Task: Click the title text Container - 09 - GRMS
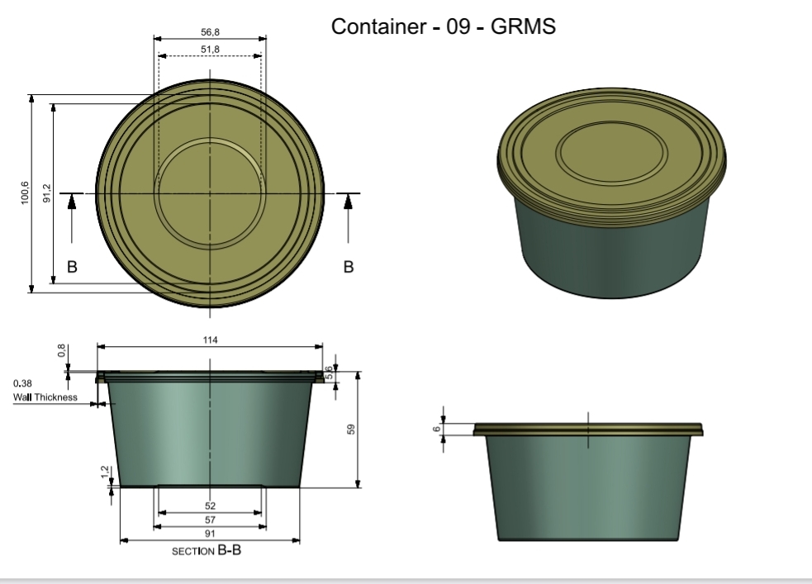pyautogui.click(x=444, y=26)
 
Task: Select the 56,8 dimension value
pyautogui.click(x=211, y=32)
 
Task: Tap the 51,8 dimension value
pyautogui.click(x=211, y=50)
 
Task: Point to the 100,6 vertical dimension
pyautogui.click(x=25, y=193)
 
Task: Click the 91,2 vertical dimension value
pyautogui.click(x=47, y=193)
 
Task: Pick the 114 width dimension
pyautogui.click(x=211, y=340)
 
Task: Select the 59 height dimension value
pyautogui.click(x=351, y=430)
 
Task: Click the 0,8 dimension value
pyautogui.click(x=62, y=350)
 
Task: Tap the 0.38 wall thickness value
pyautogui.click(x=22, y=383)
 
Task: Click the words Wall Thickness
pyautogui.click(x=45, y=397)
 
